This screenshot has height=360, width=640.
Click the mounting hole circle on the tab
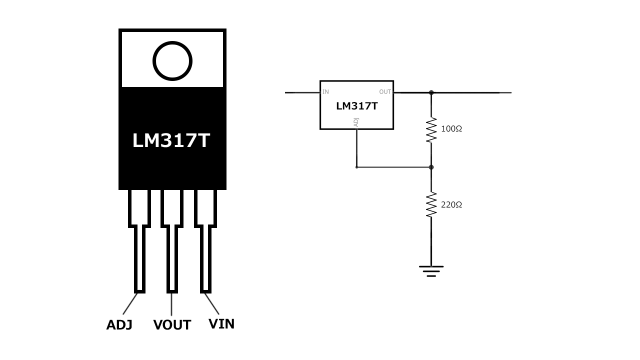pos(172,61)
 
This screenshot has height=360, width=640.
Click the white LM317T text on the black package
pos(171,140)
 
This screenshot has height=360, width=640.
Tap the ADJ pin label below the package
pos(119,325)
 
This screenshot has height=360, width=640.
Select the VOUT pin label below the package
pos(172,325)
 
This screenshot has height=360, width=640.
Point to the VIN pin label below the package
pos(221,324)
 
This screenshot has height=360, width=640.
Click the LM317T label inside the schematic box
pos(356,106)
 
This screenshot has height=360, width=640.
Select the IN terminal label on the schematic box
pos(326,92)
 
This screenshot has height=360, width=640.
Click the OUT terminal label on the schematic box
pos(385,92)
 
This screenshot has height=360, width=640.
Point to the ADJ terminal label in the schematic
pos(356,121)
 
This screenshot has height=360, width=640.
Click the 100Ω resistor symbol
pos(431,130)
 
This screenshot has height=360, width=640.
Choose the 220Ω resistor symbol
pos(431,205)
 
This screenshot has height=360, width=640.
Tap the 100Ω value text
pos(451,129)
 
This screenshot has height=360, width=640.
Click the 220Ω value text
pos(451,205)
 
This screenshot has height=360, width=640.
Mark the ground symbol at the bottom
pos(431,271)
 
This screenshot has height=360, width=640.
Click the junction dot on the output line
pos(431,92)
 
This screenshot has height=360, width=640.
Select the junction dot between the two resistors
pos(431,167)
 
